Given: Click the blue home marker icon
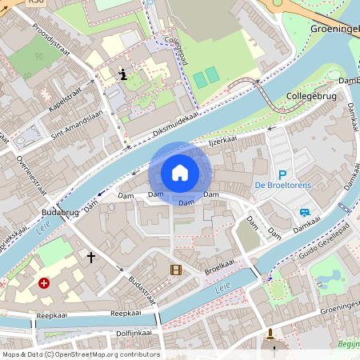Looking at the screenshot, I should point(180,172).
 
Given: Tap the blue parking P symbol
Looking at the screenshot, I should point(282,174).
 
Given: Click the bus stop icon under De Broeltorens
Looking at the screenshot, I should point(304,212).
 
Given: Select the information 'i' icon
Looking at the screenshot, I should point(122,75).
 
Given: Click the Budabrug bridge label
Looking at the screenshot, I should point(57,213).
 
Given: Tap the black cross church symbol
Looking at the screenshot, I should point(91,258).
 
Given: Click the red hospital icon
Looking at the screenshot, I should point(44,283).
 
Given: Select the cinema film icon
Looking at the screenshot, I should point(176,270).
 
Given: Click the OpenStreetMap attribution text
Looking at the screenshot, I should point(80,354).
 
